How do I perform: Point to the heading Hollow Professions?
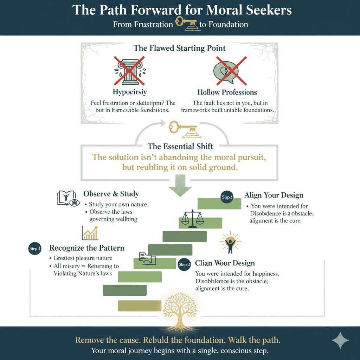coord(227,92)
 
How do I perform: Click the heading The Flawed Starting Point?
coord(179,48)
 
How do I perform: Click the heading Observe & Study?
coord(111,194)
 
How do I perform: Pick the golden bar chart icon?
coord(90,233)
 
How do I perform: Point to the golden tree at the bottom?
coord(180,311)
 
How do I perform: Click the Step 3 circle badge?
coord(185,264)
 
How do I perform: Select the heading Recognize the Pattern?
coord(87,248)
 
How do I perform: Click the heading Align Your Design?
coord(274,195)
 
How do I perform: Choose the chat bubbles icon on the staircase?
coord(147,258)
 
